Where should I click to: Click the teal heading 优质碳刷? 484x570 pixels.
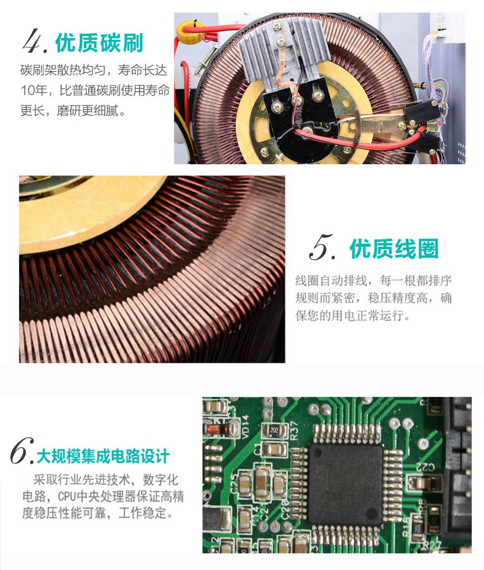click(99, 44)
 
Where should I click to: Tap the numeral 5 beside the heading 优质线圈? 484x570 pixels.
click(322, 248)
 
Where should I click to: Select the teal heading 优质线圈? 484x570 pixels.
click(394, 249)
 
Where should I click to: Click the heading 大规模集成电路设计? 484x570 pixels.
click(103, 456)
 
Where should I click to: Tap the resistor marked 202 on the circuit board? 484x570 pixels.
click(274, 431)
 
